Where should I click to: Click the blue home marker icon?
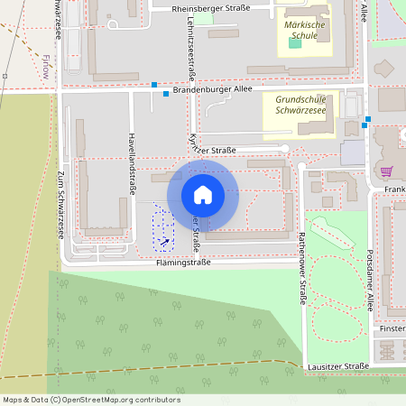tap(203, 194)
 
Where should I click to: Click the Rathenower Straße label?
tap(300, 268)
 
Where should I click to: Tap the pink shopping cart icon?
tap(387, 171)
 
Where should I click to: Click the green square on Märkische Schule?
tap(295, 43)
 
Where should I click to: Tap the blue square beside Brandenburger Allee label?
tap(166, 93)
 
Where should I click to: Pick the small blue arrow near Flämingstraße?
tap(164, 241)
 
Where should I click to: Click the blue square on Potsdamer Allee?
tap(367, 119)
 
